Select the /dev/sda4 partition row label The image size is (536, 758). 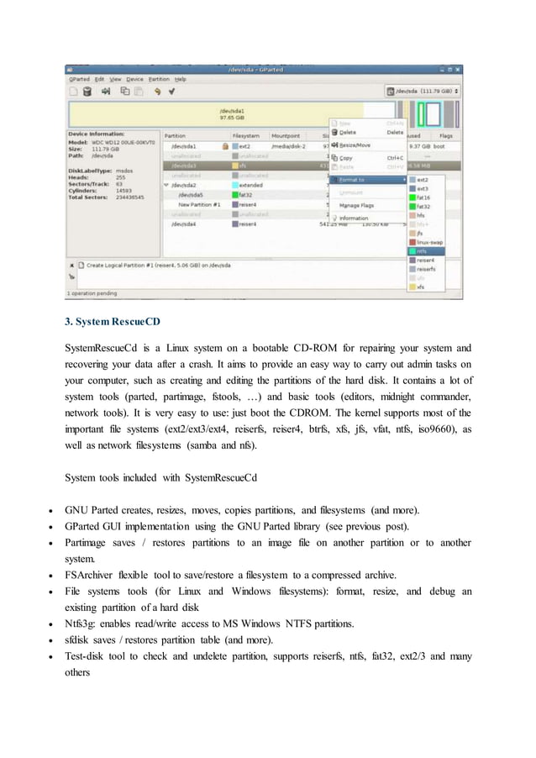coord(184,224)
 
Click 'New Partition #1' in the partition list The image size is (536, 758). coord(199,204)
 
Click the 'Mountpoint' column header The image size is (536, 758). coord(286,134)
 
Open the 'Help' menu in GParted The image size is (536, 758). coord(181,79)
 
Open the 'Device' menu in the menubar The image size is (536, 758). coord(134,79)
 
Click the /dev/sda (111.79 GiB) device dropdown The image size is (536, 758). coord(423,90)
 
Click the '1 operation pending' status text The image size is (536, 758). coord(95,293)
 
